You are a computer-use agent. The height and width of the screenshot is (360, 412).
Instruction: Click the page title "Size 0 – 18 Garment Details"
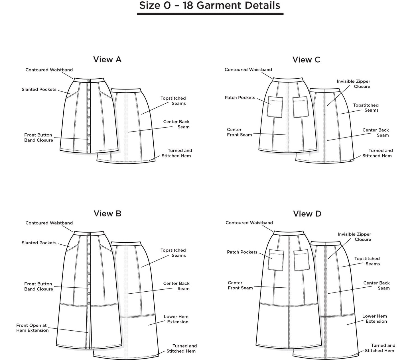210,5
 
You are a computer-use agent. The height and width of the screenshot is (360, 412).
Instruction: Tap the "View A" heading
107,60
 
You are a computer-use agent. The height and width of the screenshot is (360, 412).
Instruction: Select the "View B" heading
107,214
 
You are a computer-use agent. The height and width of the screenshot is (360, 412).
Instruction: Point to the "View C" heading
306,60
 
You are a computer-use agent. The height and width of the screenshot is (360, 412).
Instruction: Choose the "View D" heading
307,214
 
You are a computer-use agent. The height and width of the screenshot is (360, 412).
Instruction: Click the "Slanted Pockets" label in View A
39,89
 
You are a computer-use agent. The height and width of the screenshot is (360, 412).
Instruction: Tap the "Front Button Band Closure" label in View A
38,138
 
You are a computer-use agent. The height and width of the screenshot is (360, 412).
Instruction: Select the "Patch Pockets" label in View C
240,98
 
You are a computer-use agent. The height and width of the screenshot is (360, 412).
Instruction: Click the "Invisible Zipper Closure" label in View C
353,84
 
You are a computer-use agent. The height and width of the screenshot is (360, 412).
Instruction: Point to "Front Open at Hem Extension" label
32,328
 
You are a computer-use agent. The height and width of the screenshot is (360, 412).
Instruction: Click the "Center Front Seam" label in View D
240,285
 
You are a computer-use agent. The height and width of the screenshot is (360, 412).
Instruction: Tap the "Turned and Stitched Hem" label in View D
380,348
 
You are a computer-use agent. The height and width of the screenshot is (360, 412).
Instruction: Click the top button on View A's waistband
89,81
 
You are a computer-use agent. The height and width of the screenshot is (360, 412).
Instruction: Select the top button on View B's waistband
89,234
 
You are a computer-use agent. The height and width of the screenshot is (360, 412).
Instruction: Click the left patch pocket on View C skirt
275,107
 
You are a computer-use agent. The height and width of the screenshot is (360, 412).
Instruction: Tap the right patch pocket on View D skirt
301,260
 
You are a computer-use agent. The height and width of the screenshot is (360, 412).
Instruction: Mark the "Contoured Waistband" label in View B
49,223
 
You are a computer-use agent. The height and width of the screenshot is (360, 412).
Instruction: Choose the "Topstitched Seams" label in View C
366,108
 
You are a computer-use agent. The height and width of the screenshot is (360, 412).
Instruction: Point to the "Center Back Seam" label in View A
176,124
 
